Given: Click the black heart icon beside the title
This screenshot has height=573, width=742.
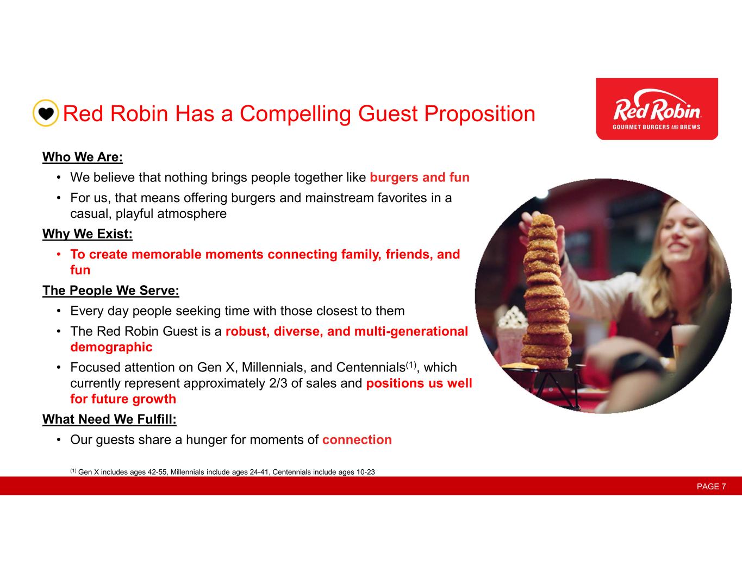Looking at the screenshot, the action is pos(46,113).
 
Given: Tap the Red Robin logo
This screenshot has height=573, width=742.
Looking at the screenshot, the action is pos(657,109).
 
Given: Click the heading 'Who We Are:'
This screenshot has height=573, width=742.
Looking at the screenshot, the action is pos(83,157).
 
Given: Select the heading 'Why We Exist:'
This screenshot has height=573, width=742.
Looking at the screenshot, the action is pos(88,234).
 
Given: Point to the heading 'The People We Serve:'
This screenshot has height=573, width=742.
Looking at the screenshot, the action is pos(111,291).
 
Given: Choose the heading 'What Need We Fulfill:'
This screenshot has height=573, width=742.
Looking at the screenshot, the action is pos(109,419).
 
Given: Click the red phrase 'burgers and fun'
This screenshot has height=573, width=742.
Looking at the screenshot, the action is pos(420,178).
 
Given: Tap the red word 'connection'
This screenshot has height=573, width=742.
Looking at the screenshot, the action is pos(357,439).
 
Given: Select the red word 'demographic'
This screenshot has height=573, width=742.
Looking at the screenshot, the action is pos(111,347).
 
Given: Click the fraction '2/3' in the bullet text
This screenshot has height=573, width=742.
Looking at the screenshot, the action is pos(278,383).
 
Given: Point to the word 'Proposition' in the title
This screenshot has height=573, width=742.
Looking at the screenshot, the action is pos(479,114).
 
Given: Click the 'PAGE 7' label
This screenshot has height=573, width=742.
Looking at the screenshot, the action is pos(711,486).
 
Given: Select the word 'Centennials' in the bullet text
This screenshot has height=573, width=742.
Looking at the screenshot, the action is pos(371,367).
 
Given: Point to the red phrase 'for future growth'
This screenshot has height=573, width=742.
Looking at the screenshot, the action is pos(123,399).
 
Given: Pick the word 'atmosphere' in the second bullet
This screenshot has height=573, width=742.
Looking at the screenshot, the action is pos(192,214).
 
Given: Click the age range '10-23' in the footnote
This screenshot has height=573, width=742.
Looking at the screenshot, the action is pos(365,472).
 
